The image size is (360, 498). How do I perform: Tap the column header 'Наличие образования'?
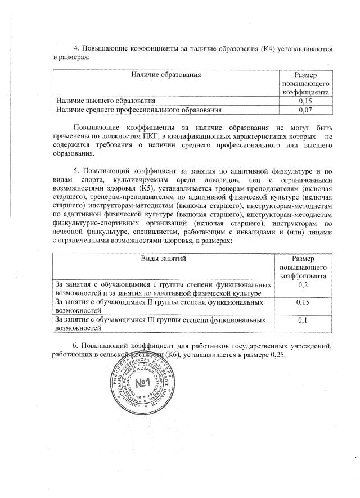(x=166, y=74)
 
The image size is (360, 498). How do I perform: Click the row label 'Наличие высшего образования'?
(x=102, y=101)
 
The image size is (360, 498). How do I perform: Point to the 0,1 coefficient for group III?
(x=304, y=320)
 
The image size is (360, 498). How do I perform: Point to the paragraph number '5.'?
(x=77, y=170)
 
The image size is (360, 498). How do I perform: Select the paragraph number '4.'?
(x=78, y=48)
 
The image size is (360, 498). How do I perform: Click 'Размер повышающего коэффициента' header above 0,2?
(x=304, y=267)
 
